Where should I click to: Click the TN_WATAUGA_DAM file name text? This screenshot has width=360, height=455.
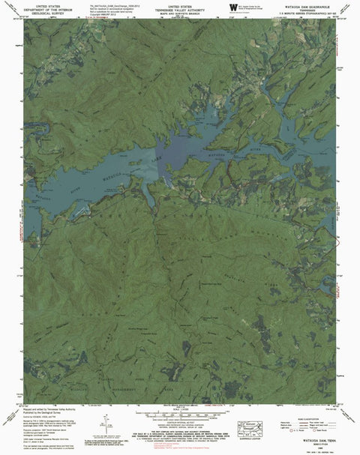pyautogui.click(x=112, y=7)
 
